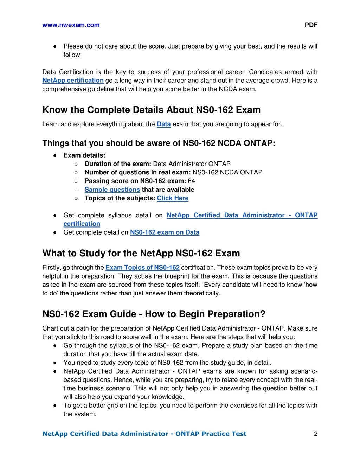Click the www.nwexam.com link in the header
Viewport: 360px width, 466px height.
click(71, 25)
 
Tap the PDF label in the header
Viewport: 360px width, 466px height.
click(311, 25)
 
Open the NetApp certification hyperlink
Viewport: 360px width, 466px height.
click(73, 81)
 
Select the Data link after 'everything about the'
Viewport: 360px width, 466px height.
click(163, 124)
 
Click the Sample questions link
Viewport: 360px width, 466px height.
click(112, 190)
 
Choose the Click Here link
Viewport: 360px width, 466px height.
click(173, 198)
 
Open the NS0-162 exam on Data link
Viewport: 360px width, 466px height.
click(165, 232)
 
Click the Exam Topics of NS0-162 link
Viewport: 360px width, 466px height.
click(142, 268)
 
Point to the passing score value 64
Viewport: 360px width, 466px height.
click(191, 181)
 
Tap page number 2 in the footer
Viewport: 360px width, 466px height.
click(315, 434)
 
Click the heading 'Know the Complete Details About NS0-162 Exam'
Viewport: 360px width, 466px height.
click(151, 110)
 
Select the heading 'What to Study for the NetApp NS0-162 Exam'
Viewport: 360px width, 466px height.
click(141, 253)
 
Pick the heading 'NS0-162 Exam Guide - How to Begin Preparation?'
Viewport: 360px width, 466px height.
click(154, 314)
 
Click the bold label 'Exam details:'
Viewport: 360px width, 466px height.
click(84, 155)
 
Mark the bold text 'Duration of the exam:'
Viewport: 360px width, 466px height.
click(118, 164)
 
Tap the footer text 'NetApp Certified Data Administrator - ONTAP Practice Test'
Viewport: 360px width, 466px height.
click(144, 434)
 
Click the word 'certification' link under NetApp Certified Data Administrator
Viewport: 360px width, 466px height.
click(82, 224)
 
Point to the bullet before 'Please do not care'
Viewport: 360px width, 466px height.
click(55, 46)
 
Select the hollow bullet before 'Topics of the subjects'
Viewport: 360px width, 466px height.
click(76, 198)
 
